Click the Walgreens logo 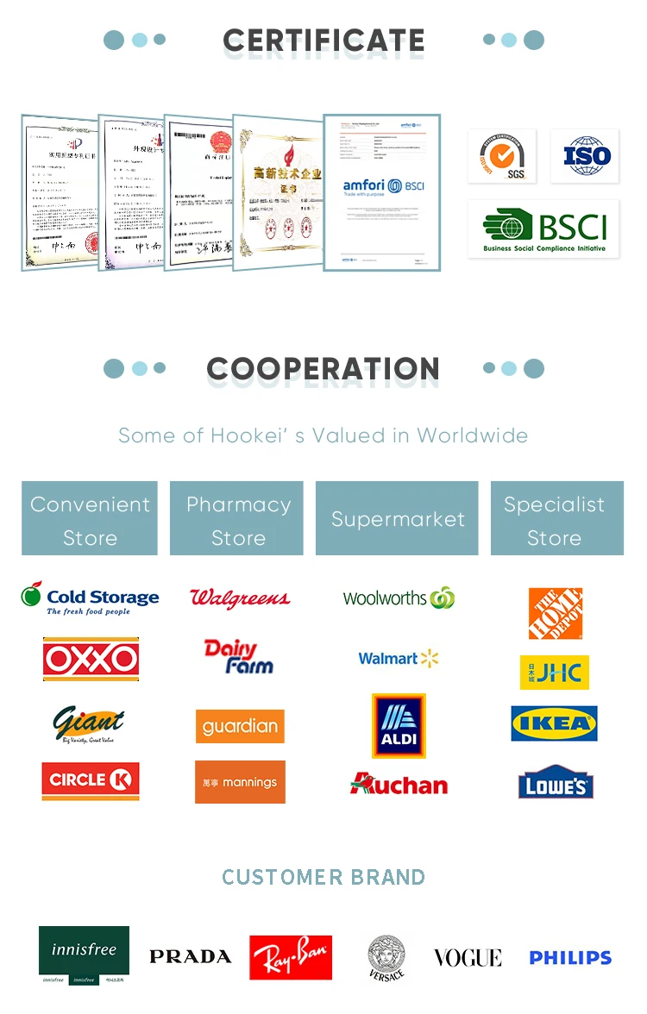pyautogui.click(x=240, y=598)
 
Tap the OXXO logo pyautogui.click(x=91, y=660)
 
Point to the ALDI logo pyautogui.click(x=399, y=726)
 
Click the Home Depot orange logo pyautogui.click(x=556, y=614)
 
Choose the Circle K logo pyautogui.click(x=91, y=780)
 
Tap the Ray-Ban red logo pyautogui.click(x=291, y=957)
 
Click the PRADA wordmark pyautogui.click(x=190, y=956)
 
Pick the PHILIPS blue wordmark pyautogui.click(x=570, y=957)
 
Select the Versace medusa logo pyautogui.click(x=386, y=957)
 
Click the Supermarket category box pyautogui.click(x=397, y=519)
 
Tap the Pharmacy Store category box pyautogui.click(x=237, y=519)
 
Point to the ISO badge pyautogui.click(x=585, y=156)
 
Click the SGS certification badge pyautogui.click(x=502, y=156)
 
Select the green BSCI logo pyautogui.click(x=543, y=229)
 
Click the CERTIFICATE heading pyautogui.click(x=323, y=41)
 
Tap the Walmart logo pyautogui.click(x=399, y=659)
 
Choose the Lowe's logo pyautogui.click(x=556, y=783)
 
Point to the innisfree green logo pyautogui.click(x=84, y=955)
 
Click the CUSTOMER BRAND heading pyautogui.click(x=323, y=877)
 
